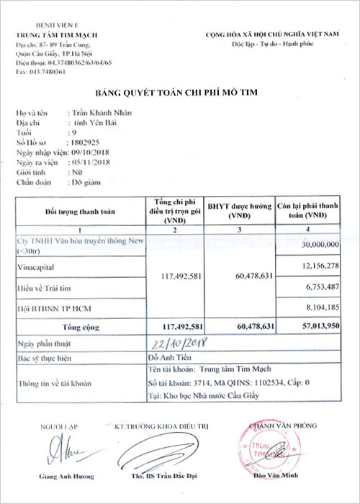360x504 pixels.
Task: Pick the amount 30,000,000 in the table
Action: point(318,244)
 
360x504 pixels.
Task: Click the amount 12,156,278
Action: point(318,267)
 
